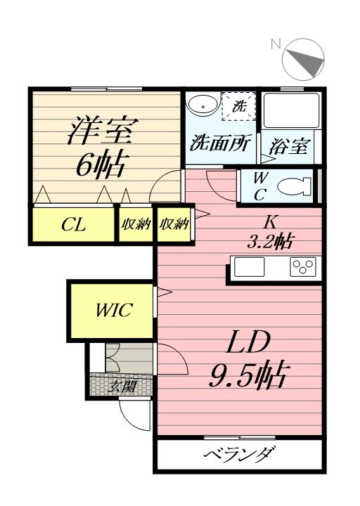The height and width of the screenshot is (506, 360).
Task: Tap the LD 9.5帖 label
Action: point(248,360)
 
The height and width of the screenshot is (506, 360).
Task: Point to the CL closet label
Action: point(73,226)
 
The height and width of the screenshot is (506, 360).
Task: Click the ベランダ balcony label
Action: point(239,455)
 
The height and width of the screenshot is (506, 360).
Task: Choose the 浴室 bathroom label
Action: point(288,147)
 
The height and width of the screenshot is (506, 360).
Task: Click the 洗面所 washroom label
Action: point(219,145)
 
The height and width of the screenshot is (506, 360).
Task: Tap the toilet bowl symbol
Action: point(290,187)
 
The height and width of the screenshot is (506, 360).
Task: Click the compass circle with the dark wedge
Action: point(304,60)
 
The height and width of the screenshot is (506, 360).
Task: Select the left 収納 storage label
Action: point(136,225)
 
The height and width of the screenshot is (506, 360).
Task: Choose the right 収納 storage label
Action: point(174,225)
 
